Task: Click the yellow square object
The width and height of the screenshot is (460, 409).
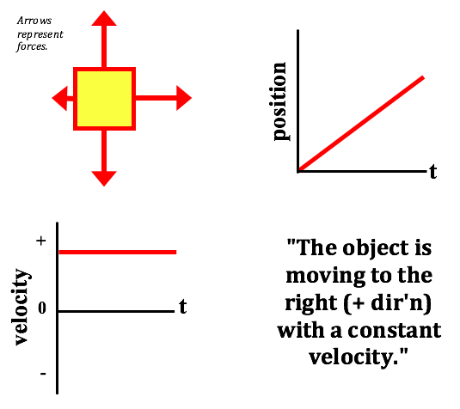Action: tap(104, 99)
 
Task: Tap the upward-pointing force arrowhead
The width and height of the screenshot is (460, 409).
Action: tap(104, 18)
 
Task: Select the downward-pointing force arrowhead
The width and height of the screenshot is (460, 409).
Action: tap(104, 179)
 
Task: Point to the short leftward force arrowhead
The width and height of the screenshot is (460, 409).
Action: tap(60, 99)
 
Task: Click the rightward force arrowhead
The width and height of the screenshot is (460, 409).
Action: tap(184, 98)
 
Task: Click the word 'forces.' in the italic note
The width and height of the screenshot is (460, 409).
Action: tap(32, 46)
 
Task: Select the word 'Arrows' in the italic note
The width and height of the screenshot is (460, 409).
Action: tap(34, 21)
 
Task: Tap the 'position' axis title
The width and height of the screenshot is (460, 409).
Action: tap(279, 101)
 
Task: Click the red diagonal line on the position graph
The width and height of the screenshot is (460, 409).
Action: tap(361, 124)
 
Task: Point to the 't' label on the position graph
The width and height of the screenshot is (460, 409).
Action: tap(433, 172)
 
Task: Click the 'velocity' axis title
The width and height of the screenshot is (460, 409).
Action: tap(21, 307)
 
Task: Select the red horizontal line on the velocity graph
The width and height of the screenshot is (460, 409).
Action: tap(118, 252)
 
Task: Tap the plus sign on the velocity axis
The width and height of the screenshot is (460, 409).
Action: tap(41, 241)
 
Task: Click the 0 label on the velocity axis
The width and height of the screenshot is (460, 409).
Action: tap(42, 308)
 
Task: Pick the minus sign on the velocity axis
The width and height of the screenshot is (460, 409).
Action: tap(43, 374)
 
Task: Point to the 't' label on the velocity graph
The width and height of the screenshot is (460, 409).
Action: tap(183, 307)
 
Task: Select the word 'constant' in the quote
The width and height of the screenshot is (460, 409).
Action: tap(395, 331)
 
